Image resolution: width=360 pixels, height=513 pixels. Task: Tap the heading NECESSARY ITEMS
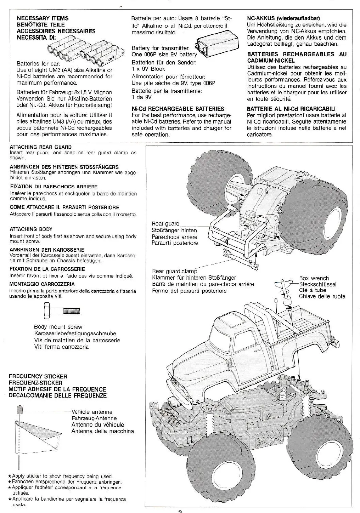click(x=43, y=18)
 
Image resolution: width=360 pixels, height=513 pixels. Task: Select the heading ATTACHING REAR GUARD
click(x=40, y=147)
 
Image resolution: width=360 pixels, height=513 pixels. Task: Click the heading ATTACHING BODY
click(x=31, y=229)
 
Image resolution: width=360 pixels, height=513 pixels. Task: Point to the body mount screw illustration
click(x=62, y=310)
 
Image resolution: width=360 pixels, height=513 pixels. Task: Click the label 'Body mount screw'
click(x=58, y=327)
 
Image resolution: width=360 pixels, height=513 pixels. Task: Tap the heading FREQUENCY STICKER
click(x=38, y=376)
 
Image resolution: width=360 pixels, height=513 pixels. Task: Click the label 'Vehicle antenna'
click(x=92, y=412)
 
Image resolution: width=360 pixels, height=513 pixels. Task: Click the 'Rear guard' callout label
click(x=165, y=224)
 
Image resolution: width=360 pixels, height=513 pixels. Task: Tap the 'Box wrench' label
click(x=314, y=278)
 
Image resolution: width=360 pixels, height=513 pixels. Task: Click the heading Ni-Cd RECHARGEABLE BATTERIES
click(x=178, y=109)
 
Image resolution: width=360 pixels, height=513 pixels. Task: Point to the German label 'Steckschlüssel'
click(x=317, y=284)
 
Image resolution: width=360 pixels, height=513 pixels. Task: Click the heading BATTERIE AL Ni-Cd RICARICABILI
click(x=291, y=109)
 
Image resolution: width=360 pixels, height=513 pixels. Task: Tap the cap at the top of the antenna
click(x=19, y=410)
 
